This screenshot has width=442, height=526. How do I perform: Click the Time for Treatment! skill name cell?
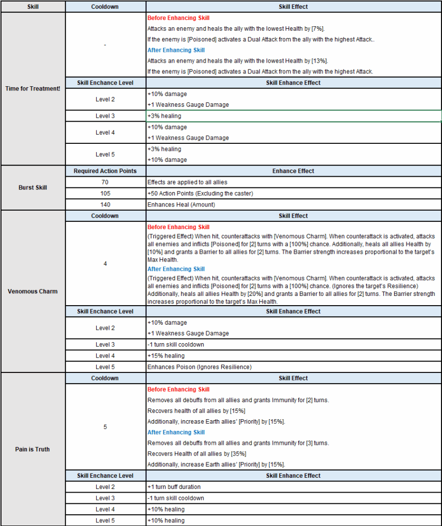click(x=33, y=88)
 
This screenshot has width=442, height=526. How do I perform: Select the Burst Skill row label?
click(x=33, y=187)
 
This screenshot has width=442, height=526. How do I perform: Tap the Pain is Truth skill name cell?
click(x=33, y=449)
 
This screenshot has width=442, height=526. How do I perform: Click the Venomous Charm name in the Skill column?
click(x=33, y=291)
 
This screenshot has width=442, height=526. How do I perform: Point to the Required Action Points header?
click(x=105, y=171)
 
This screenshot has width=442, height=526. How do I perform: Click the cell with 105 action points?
click(x=105, y=193)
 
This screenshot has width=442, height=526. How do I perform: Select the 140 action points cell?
click(x=105, y=204)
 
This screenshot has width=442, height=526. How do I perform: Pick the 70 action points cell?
click(x=105, y=182)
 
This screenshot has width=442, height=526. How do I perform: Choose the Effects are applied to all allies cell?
click(x=187, y=182)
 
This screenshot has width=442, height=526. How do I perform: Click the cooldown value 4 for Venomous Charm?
click(x=105, y=264)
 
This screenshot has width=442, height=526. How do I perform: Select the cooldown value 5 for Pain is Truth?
click(x=105, y=427)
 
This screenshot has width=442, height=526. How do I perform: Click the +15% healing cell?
click(x=166, y=355)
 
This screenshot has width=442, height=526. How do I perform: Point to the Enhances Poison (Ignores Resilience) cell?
click(x=199, y=367)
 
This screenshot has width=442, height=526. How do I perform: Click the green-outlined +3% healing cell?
click(x=164, y=116)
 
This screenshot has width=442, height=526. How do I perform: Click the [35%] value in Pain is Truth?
click(x=238, y=454)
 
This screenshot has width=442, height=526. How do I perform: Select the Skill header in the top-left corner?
click(x=33, y=7)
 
